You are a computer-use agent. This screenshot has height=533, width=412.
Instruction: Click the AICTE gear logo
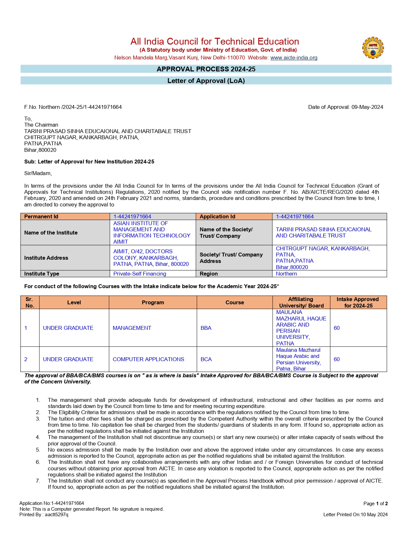[373, 48]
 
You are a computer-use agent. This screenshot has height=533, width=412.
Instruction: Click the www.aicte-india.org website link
[294, 58]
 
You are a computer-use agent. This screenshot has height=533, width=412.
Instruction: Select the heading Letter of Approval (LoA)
[206, 81]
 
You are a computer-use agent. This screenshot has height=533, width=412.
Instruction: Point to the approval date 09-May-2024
[367, 107]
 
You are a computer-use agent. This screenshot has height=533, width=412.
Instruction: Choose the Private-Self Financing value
[140, 274]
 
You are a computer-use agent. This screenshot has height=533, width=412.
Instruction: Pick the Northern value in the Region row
[286, 274]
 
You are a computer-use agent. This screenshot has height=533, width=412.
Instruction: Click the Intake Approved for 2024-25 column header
[358, 302]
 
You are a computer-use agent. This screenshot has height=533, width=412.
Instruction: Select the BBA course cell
[206, 328]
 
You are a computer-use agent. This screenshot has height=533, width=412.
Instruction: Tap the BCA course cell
[206, 359]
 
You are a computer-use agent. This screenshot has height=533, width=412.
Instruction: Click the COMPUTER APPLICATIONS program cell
[148, 359]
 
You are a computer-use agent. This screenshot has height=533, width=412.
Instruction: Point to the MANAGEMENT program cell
[132, 328]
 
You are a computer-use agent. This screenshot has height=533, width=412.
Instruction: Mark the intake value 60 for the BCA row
[337, 359]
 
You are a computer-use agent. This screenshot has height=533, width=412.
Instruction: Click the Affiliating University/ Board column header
[301, 302]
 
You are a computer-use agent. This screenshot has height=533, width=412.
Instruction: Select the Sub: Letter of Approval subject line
[89, 162]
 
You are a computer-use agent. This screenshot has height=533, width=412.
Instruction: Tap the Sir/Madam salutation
[38, 173]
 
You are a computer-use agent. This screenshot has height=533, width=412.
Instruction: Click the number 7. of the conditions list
[38, 481]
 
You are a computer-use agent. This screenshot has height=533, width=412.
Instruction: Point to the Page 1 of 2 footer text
[375, 504]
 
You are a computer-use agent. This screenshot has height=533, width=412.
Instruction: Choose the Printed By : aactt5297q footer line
[44, 515]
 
